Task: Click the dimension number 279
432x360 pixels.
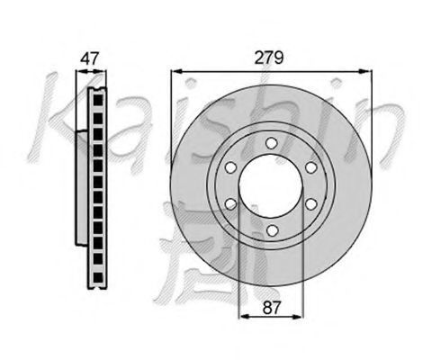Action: point(269,58)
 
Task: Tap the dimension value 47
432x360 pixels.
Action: point(89,58)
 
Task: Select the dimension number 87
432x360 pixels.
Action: point(271,308)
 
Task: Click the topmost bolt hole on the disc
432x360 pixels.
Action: point(271,143)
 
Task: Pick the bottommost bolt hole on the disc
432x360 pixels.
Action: point(272,230)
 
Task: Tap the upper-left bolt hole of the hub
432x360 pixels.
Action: point(230,167)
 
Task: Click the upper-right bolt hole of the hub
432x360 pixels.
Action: point(311,167)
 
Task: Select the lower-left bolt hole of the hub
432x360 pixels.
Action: point(230,204)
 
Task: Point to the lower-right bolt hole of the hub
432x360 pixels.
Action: point(311,204)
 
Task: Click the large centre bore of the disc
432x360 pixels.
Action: point(270,185)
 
